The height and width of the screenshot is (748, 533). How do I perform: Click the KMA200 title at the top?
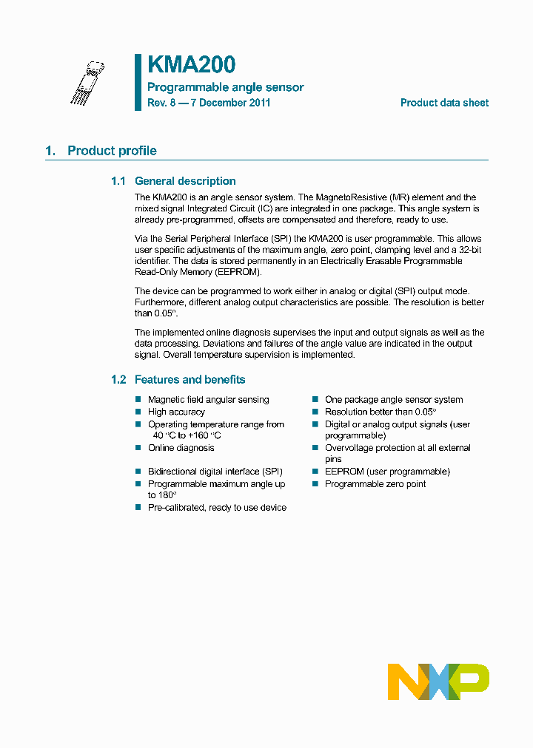click(x=191, y=65)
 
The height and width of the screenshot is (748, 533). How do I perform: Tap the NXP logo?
click(x=438, y=681)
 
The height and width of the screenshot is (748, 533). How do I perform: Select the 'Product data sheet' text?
click(x=444, y=103)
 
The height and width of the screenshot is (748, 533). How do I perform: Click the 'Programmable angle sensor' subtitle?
click(x=225, y=87)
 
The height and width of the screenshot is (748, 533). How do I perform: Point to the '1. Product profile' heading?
click(x=101, y=151)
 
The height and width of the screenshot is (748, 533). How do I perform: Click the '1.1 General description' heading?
click(x=173, y=181)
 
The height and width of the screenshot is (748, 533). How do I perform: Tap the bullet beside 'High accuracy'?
click(x=138, y=412)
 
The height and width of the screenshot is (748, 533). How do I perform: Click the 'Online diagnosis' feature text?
click(x=181, y=448)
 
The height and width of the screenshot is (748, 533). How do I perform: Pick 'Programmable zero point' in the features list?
click(x=375, y=484)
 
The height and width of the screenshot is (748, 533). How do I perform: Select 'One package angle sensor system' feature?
click(x=394, y=400)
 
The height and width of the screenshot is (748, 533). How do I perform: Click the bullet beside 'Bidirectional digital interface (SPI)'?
click(x=138, y=472)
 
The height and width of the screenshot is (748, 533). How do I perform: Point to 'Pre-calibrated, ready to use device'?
click(x=217, y=508)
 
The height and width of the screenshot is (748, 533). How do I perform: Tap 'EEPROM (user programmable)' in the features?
click(x=387, y=472)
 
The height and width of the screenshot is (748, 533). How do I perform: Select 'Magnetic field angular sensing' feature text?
click(x=208, y=400)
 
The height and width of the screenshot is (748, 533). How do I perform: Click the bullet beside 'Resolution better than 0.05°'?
click(x=315, y=412)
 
